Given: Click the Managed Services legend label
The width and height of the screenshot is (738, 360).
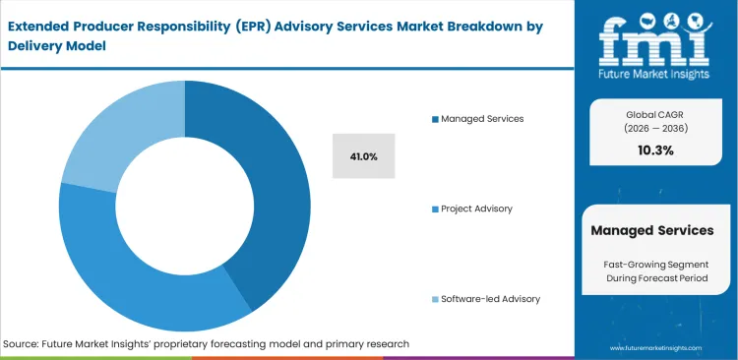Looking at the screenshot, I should click(482, 118).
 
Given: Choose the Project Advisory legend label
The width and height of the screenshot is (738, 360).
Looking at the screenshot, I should click(477, 209).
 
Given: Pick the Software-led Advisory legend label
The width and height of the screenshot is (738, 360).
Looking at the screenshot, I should click(490, 298).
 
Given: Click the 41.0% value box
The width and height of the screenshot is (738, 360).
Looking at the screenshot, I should click(363, 156).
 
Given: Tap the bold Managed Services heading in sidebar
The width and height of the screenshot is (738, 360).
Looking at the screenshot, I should click(651, 230).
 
